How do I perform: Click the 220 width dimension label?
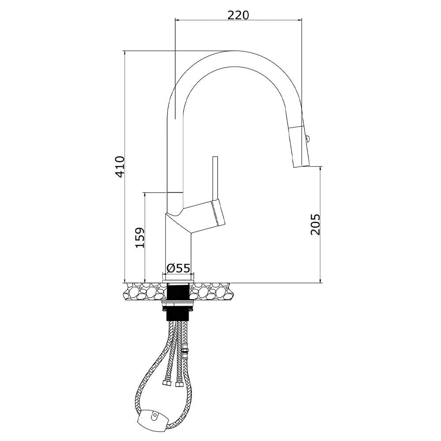238,15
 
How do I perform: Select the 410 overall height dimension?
120,167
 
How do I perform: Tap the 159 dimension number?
140,237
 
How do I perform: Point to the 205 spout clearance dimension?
315,224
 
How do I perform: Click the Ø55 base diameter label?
178,268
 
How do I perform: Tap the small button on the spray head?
307,138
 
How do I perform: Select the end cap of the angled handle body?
219,213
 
